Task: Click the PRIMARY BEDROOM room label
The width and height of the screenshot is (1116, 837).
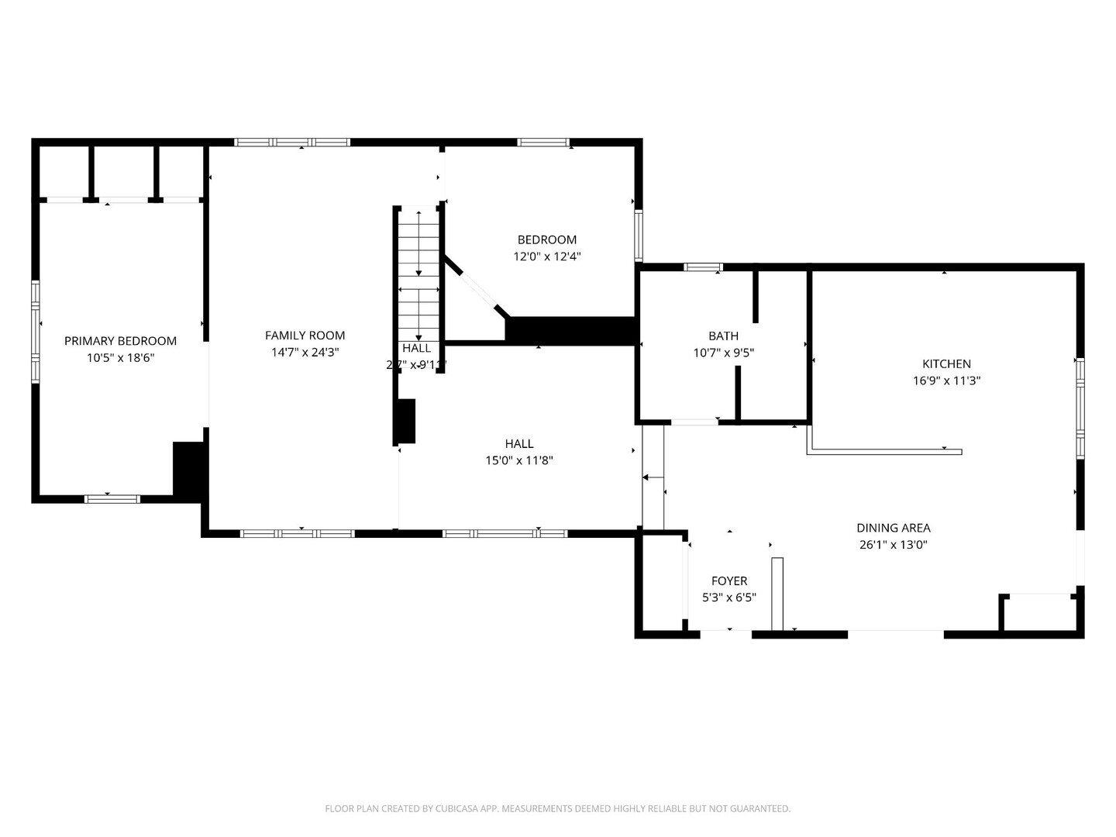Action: pos(120,341)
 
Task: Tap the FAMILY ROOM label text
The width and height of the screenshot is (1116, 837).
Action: pos(305,336)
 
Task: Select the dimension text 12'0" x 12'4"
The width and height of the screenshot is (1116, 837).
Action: pos(546,257)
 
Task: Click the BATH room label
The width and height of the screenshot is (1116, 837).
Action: pos(723,336)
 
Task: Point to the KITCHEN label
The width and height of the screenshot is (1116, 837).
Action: pos(946,363)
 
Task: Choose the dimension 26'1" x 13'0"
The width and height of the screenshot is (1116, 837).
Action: pos(893,545)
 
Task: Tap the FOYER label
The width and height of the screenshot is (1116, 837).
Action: pos(729,581)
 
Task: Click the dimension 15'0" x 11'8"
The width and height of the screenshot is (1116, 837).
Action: pos(518,460)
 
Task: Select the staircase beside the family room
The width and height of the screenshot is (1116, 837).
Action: pos(418,275)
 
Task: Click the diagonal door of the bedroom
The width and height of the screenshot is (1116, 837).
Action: pos(477,287)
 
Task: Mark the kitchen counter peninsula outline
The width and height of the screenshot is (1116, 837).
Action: pos(883,451)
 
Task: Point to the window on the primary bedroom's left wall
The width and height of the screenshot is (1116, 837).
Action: pos(35,332)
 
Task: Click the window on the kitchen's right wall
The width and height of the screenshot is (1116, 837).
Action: pos(1080,408)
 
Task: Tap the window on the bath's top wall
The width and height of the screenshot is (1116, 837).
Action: pos(703,267)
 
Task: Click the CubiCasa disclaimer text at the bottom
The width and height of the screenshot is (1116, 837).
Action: pos(557,808)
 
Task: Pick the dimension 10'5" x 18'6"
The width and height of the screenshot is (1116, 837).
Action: pos(120,358)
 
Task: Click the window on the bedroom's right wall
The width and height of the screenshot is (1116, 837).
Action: pos(639,235)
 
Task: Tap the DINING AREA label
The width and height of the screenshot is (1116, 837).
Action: pos(893,528)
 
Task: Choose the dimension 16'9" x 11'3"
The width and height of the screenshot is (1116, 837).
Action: pos(946,381)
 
